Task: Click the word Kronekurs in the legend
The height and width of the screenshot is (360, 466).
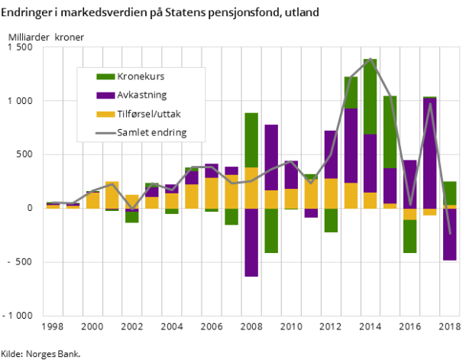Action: (x=141, y=77)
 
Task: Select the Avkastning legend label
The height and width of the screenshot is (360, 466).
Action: (x=142, y=96)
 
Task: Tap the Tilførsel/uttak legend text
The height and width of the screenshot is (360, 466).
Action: (x=150, y=114)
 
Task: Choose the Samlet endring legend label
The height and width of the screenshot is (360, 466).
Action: (x=152, y=132)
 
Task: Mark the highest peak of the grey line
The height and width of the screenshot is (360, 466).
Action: (x=371, y=59)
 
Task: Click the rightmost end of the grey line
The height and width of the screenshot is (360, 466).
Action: (x=450, y=233)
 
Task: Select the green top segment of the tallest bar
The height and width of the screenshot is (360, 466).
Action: (x=371, y=96)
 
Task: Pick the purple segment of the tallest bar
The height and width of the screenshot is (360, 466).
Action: (x=371, y=163)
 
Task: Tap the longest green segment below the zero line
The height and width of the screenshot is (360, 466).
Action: (x=271, y=230)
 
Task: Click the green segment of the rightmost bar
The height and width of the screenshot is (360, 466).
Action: (x=450, y=193)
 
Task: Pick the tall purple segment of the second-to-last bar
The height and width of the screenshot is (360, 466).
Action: (x=430, y=153)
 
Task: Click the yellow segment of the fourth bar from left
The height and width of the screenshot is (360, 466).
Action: (x=112, y=195)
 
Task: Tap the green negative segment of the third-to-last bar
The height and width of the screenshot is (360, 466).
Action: (x=410, y=236)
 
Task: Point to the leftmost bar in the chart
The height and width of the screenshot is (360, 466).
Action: (x=53, y=205)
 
